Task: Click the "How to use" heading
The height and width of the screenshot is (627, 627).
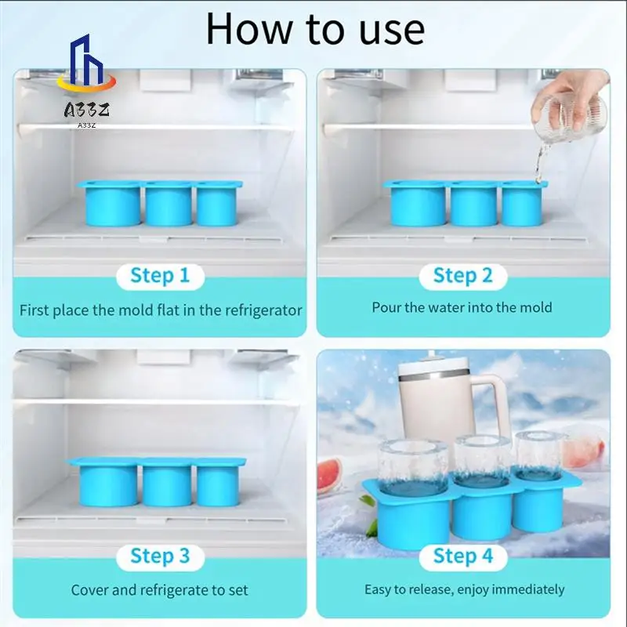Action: pyautogui.click(x=315, y=29)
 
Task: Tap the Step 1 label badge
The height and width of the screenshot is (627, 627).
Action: pyautogui.click(x=160, y=277)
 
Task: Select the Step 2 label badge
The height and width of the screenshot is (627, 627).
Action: pyautogui.click(x=463, y=277)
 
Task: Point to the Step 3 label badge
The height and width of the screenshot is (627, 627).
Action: pyautogui.click(x=160, y=557)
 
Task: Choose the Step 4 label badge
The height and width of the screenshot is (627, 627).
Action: pyautogui.click(x=463, y=557)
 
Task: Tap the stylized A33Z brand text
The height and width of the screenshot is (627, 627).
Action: pyautogui.click(x=87, y=110)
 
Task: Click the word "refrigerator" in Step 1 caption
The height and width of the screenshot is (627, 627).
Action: pyautogui.click(x=263, y=310)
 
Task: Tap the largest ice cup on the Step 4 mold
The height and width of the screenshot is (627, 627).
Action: pyautogui.click(x=413, y=467)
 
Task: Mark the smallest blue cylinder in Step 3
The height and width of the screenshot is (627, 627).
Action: pyautogui.click(x=218, y=486)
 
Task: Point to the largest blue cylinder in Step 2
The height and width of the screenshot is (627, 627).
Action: pyautogui.click(x=418, y=206)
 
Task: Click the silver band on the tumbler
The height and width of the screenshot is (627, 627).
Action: pyautogui.click(x=434, y=377)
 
